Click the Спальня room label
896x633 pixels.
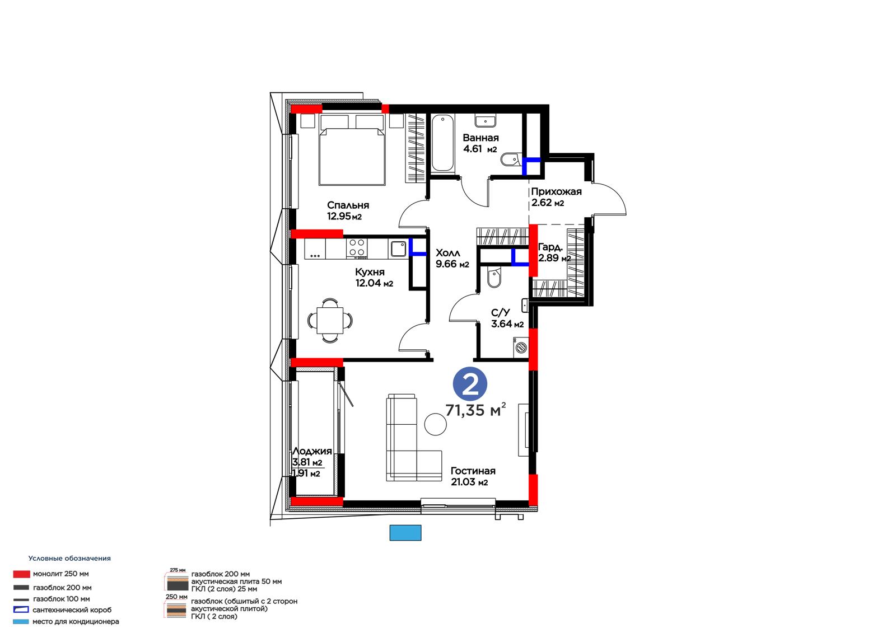pyautogui.click(x=348, y=205)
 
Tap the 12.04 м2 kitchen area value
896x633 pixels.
pyautogui.click(x=375, y=283)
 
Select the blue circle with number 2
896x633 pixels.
pyautogui.click(x=470, y=385)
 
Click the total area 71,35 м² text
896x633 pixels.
pyautogui.click(x=475, y=410)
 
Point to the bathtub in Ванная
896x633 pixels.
pyautogui.click(x=443, y=143)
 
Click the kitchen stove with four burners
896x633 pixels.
pyautogui.click(x=357, y=248)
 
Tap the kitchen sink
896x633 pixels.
pyautogui.click(x=398, y=248)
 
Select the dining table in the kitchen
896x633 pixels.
pyautogui.click(x=330, y=320)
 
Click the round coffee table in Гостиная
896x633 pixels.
pyautogui.click(x=435, y=424)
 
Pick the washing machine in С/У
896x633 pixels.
pyautogui.click(x=521, y=347)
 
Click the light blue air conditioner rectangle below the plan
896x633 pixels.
pyautogui.click(x=405, y=533)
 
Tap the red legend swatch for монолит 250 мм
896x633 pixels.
pyautogui.click(x=22, y=574)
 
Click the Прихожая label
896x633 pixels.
pyautogui.click(x=556, y=191)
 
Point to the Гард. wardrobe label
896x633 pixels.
pyautogui.click(x=550, y=247)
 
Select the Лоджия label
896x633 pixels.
pyautogui.click(x=312, y=451)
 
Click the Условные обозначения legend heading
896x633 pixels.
pyautogui.click(x=69, y=558)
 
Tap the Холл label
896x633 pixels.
pyautogui.click(x=448, y=253)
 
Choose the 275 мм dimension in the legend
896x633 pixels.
pyautogui.click(x=178, y=570)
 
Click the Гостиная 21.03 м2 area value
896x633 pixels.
pyautogui.click(x=470, y=482)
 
